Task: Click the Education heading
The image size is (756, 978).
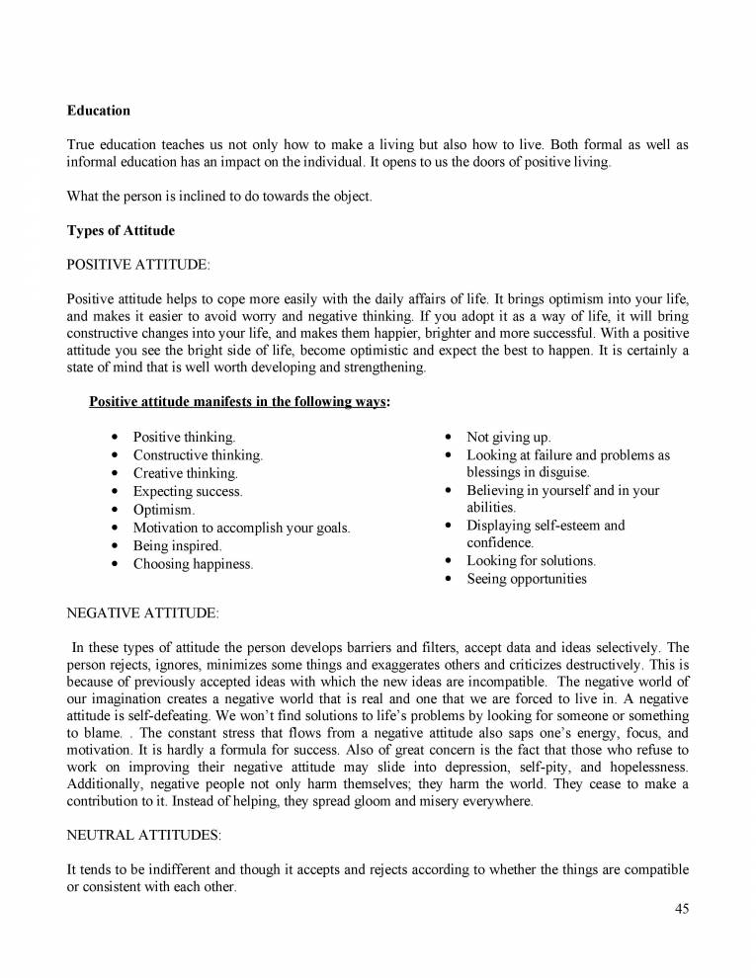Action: pos(98,110)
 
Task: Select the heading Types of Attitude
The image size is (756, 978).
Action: pos(120,230)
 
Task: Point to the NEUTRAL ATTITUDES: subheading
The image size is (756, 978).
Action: pos(143,835)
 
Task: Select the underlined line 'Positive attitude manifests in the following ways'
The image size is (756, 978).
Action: pos(237,402)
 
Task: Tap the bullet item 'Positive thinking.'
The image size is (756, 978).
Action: pos(184,437)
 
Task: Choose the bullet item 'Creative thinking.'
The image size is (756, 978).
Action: pos(185,473)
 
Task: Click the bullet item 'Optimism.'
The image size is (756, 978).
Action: pos(163,510)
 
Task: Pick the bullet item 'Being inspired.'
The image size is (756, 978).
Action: pos(177,545)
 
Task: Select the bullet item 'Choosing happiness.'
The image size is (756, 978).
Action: pos(193,564)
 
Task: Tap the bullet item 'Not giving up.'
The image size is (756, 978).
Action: pos(509,437)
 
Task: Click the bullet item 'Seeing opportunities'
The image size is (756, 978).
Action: pos(526,579)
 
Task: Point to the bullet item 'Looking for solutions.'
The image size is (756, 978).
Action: pos(531,561)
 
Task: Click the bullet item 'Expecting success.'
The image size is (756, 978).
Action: pos(188,491)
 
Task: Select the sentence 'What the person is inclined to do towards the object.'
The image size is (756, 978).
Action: pos(219,196)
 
